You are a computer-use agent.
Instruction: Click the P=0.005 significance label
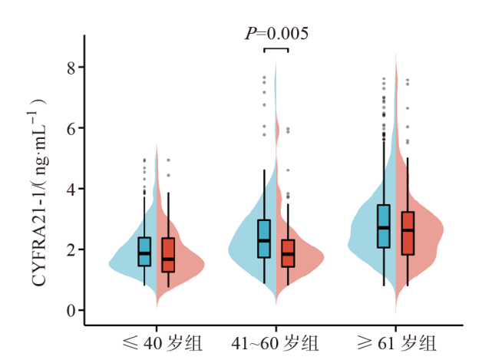click(x=276, y=33)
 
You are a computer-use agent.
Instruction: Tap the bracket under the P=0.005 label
click(x=276, y=49)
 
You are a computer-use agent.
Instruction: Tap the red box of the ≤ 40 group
click(x=168, y=255)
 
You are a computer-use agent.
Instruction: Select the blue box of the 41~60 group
click(x=264, y=239)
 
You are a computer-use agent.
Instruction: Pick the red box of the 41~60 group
click(x=288, y=253)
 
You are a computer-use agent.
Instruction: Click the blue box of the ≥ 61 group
click(x=384, y=226)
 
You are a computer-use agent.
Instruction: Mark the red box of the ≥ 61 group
click(x=408, y=233)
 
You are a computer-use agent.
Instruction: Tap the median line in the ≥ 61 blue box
click(x=384, y=228)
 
